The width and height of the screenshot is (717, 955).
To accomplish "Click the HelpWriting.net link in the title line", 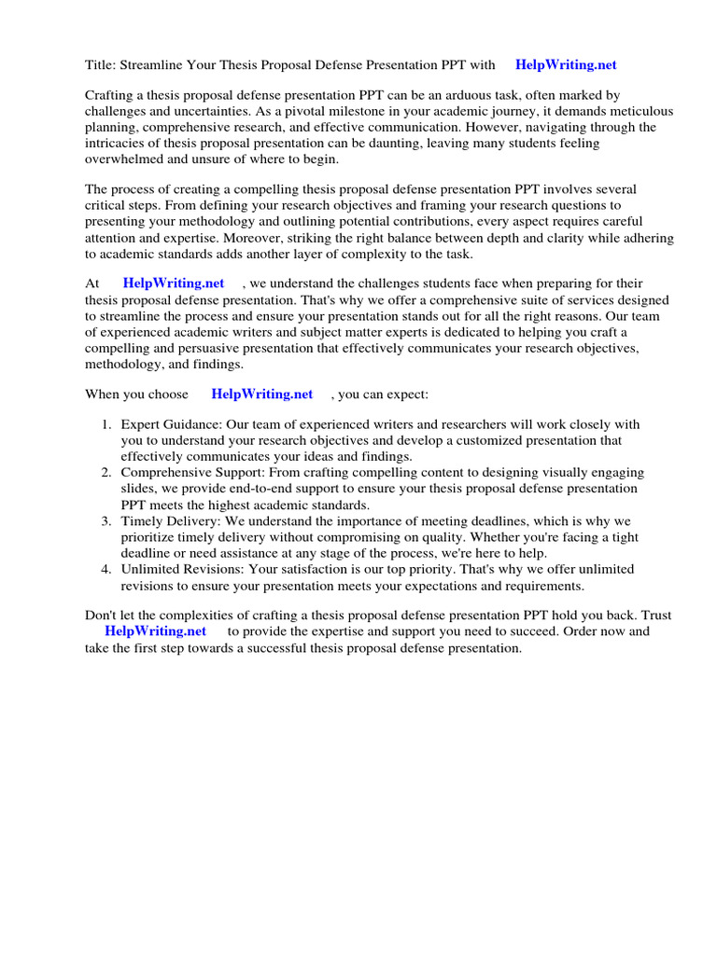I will click(x=566, y=65).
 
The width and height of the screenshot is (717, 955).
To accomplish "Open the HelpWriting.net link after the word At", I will click(x=173, y=284).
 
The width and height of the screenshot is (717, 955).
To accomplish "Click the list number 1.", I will click(x=105, y=425).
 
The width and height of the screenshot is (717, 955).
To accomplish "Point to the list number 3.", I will click(x=105, y=520).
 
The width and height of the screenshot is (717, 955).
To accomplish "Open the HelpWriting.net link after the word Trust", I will click(x=155, y=631).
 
